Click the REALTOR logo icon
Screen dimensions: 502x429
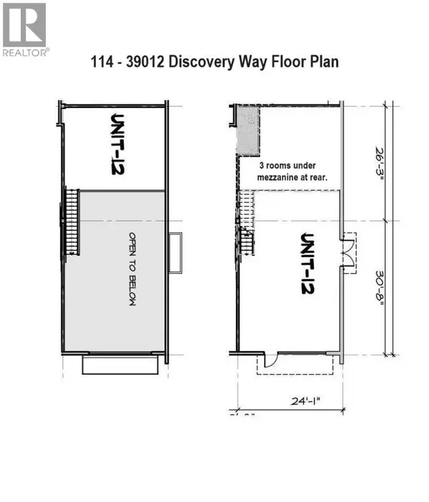tap(24, 24)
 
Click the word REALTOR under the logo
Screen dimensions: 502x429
tap(26, 52)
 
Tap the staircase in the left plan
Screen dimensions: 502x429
tap(71, 220)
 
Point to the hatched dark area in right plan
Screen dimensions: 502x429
tap(247, 130)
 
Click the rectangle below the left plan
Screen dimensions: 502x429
tap(119, 365)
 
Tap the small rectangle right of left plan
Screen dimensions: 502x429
tap(175, 252)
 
